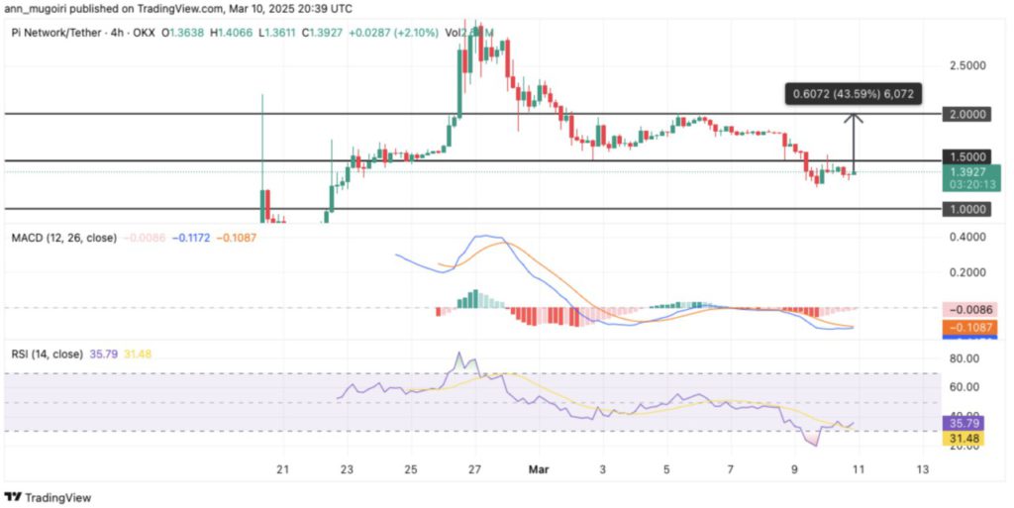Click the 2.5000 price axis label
pos(969,66)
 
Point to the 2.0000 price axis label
pos(969,114)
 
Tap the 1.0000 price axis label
pos(969,210)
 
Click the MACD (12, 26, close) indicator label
pos(64,239)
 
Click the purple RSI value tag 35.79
pos(969,423)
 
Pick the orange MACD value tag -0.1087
pos(969,327)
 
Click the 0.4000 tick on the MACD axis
pos(969,238)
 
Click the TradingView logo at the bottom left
pos(49,496)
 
